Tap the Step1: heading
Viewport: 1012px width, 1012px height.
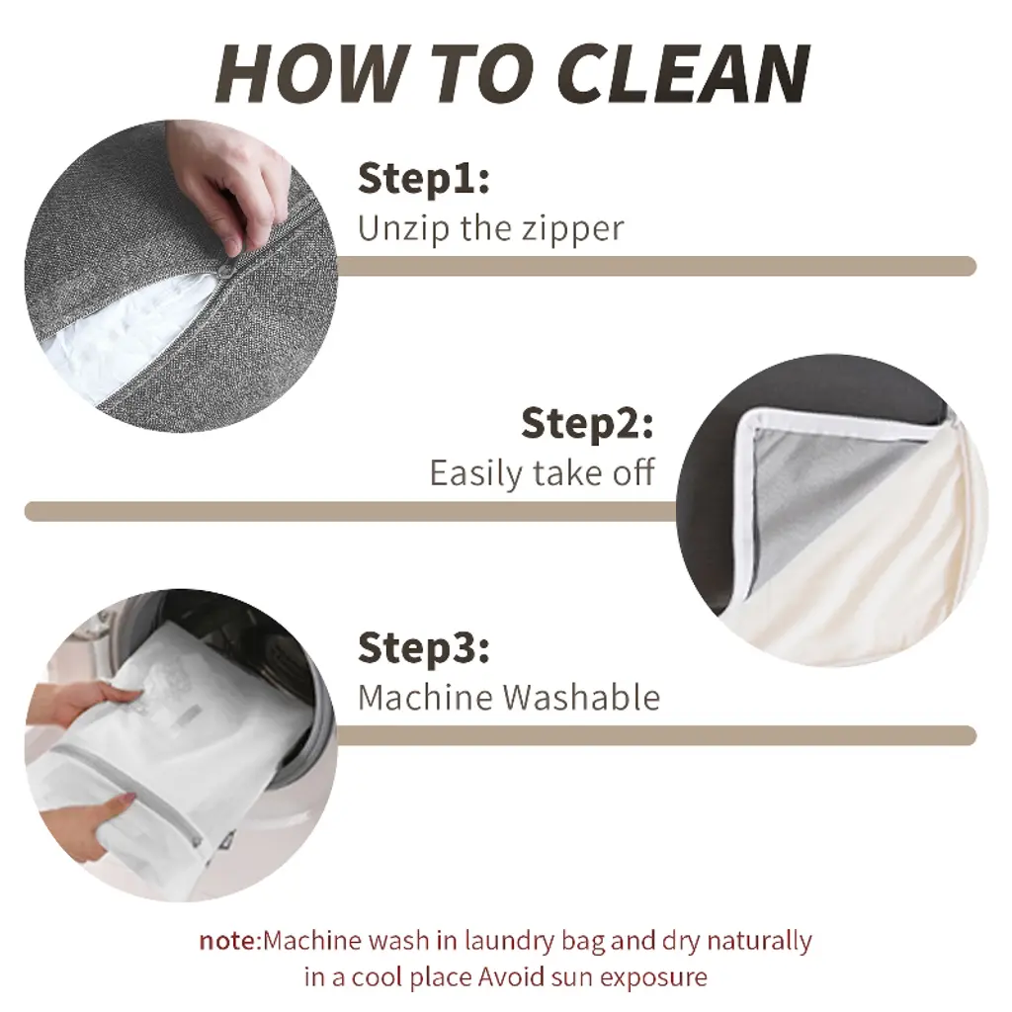coord(423,179)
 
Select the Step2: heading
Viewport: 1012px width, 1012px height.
coord(587,423)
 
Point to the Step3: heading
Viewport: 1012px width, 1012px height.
coord(423,648)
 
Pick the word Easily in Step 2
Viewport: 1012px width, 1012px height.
coord(475,474)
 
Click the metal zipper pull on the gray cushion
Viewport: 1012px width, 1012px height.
coord(227,274)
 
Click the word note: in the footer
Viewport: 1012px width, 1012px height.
coord(229,941)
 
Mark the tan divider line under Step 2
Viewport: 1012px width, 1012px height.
coord(352,511)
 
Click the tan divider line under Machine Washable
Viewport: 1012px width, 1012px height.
coord(656,735)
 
